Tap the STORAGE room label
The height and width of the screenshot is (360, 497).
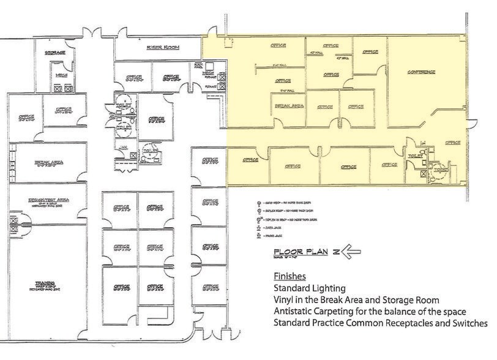54,53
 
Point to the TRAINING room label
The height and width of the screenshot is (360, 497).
42,283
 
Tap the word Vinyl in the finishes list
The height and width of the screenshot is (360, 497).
285,299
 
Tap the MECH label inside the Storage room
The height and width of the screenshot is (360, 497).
61,75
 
